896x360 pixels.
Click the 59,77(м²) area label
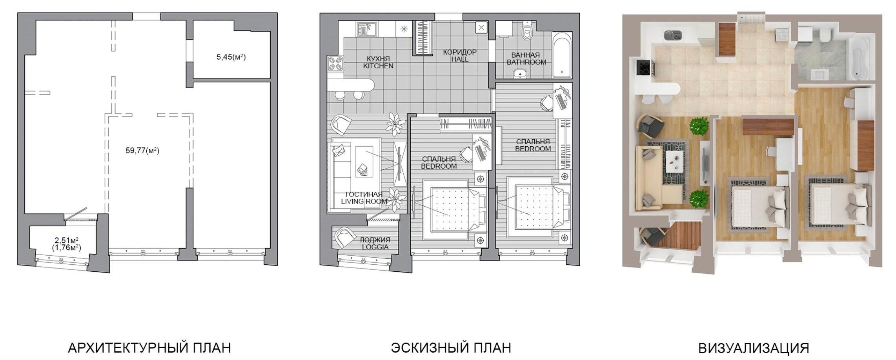[x=142, y=151]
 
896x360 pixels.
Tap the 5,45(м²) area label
[x=231, y=57]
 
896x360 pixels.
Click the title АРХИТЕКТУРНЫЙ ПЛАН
[x=149, y=347]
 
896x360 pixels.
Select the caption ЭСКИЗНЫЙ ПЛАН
[x=451, y=347]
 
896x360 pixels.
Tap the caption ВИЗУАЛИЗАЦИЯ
[x=754, y=348]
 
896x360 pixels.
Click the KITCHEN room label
[x=378, y=66]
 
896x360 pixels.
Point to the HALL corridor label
[x=460, y=59]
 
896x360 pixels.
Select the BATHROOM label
[x=526, y=62]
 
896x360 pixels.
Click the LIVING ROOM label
[x=364, y=202]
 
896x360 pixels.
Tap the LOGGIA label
[x=375, y=247]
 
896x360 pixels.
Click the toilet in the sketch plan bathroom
[x=527, y=31]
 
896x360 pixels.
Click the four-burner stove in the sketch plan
[x=335, y=64]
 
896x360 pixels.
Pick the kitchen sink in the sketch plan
[x=367, y=29]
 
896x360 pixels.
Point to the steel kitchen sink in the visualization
[x=674, y=35]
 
